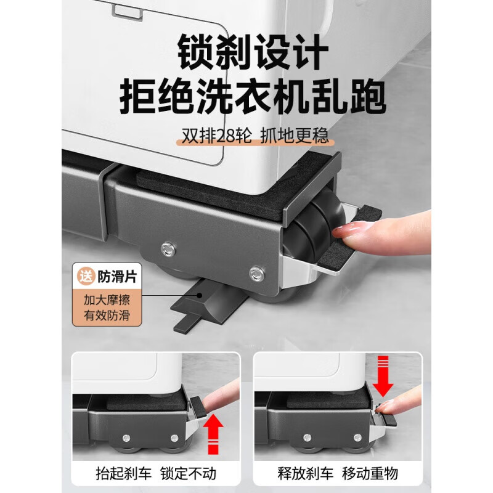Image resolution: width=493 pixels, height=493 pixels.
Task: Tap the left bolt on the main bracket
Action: coord(166,248)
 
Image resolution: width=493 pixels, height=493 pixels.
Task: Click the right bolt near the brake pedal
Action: coord(256,272)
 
